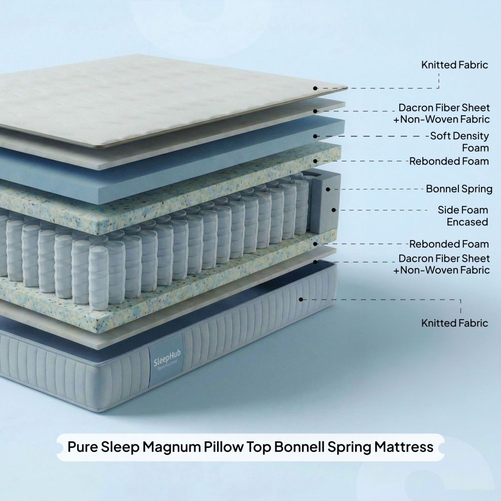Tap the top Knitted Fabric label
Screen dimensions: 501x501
point(455,65)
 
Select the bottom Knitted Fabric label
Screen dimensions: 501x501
point(455,323)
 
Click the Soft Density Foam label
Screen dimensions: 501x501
point(459,142)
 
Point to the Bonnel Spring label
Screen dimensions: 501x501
point(459,189)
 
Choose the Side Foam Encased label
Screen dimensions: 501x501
point(463,216)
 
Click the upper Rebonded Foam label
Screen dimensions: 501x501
point(449,161)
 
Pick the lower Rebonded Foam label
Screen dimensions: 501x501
point(449,244)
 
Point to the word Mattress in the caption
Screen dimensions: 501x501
point(404,447)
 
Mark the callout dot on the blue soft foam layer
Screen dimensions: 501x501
point(315,136)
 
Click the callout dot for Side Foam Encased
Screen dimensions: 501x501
point(334,210)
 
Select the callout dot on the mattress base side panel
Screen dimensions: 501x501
point(301,300)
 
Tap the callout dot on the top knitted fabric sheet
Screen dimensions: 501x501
point(315,88)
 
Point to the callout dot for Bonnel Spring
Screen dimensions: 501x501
point(328,189)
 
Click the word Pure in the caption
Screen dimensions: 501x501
point(83,447)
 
